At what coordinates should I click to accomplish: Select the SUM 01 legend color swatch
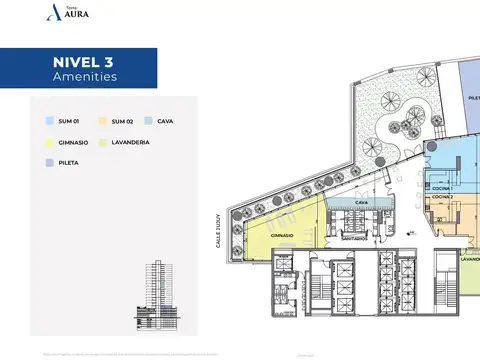(49, 121)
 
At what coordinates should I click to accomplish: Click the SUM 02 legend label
(123, 121)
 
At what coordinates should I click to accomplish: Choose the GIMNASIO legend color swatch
(49, 143)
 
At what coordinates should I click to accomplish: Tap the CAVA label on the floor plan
(348, 202)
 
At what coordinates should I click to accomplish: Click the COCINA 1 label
(443, 189)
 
